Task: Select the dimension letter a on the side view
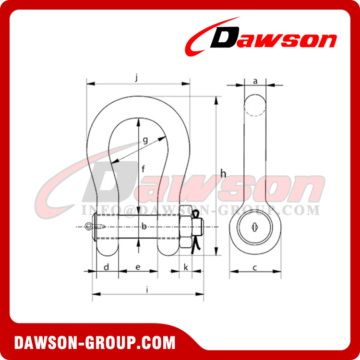(x=255, y=82)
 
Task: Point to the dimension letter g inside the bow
(x=144, y=140)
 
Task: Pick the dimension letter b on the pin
(x=143, y=226)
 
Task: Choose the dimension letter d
(x=107, y=267)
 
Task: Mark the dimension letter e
(x=138, y=267)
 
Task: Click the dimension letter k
(x=186, y=267)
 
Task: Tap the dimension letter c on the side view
(x=255, y=267)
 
